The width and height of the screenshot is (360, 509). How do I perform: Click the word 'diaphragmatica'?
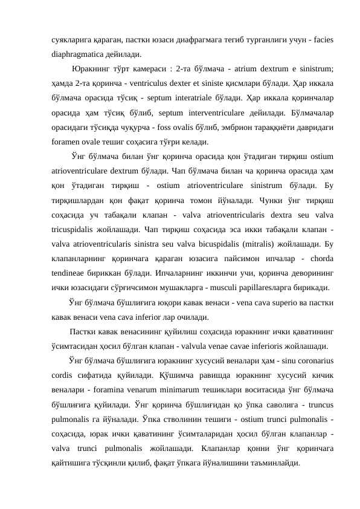77,53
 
